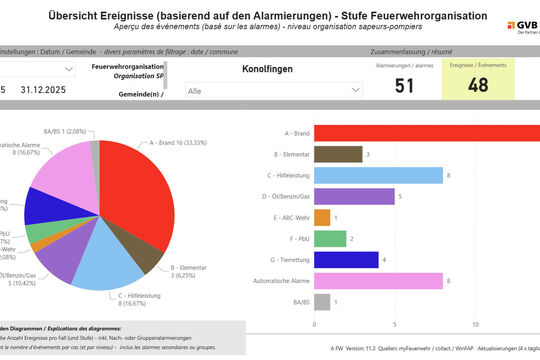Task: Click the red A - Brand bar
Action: coord(426,133)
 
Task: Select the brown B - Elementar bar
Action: coord(337,154)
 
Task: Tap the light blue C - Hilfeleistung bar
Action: coord(377,175)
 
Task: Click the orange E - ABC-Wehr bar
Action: coord(321,217)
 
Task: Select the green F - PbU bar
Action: coord(329,238)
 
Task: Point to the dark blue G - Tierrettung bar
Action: coord(345,259)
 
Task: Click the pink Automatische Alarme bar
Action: coord(377,280)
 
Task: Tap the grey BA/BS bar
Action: coord(321,301)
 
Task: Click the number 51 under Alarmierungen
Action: coord(405,86)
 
